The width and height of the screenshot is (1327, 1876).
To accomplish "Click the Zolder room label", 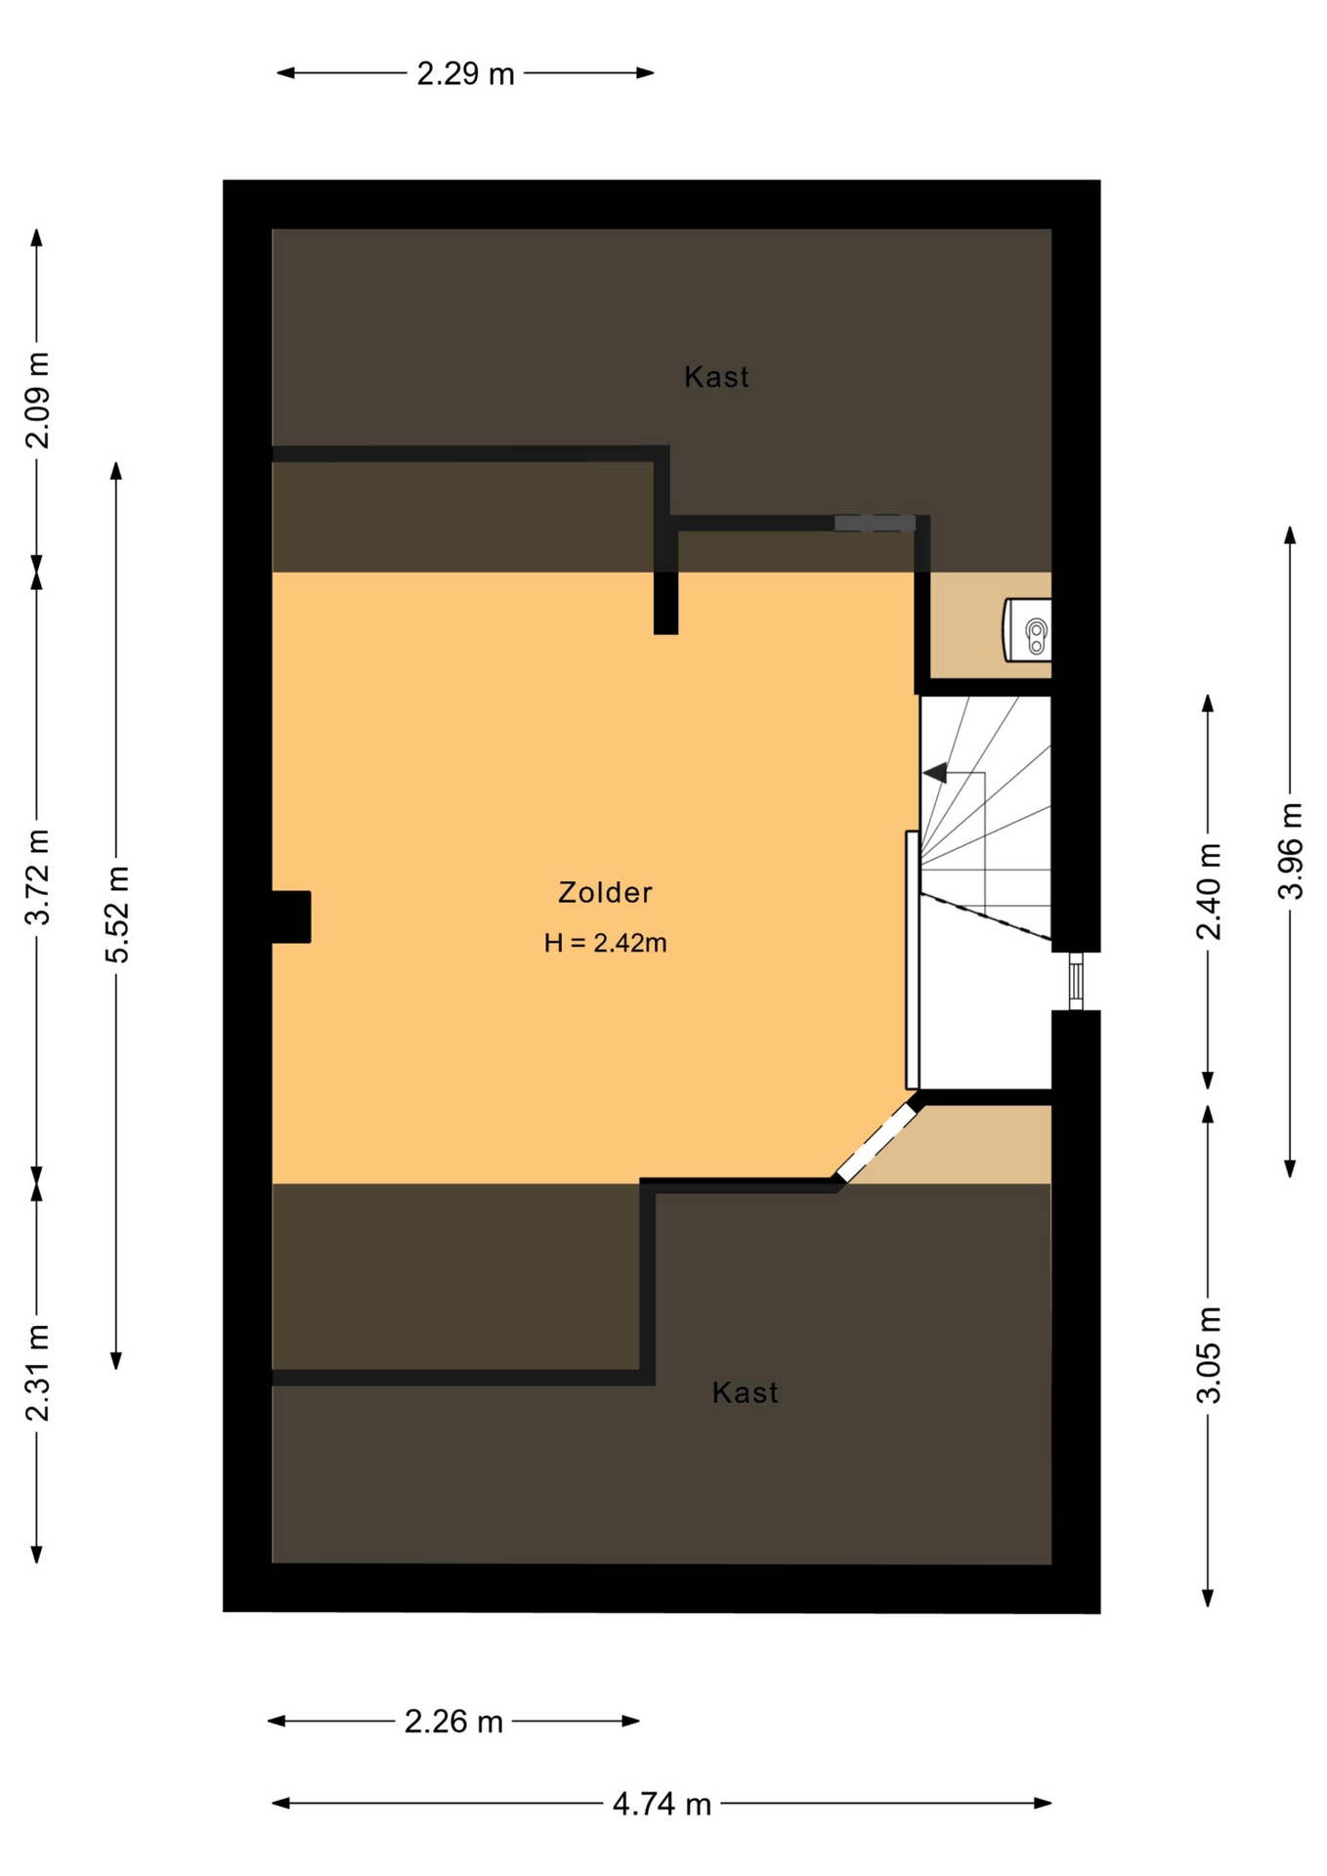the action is click(605, 892).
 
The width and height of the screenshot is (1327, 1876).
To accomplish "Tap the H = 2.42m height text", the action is click(606, 943).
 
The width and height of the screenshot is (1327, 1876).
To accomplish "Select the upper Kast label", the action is click(716, 377).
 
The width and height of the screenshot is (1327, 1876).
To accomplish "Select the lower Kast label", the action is click(745, 1392).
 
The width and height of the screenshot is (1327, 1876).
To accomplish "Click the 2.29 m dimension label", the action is click(465, 73).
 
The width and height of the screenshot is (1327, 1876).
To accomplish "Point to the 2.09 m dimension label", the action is click(37, 401).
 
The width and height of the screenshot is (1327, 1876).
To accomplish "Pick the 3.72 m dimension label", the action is click(37, 876).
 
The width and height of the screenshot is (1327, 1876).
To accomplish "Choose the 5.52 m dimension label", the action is click(117, 914).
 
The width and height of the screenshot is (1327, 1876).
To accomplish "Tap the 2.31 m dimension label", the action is click(37, 1373).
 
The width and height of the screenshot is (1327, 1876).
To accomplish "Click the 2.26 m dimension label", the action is click(453, 1721).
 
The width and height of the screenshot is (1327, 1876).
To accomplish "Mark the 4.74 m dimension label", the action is click(662, 1804).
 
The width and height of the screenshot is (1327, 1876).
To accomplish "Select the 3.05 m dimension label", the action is click(1209, 1355).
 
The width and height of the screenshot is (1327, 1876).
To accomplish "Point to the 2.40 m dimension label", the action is click(1209, 891).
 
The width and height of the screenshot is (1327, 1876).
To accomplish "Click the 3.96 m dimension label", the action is click(1291, 850).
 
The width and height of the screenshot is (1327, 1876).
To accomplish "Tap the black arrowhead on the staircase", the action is click(935, 773).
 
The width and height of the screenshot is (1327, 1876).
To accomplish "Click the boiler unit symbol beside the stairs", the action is click(1028, 630).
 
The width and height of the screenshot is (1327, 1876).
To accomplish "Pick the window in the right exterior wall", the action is click(1076, 981).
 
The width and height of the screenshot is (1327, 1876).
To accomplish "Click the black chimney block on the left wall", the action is click(291, 917).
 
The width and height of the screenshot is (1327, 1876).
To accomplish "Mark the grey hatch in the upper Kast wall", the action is click(875, 524).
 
